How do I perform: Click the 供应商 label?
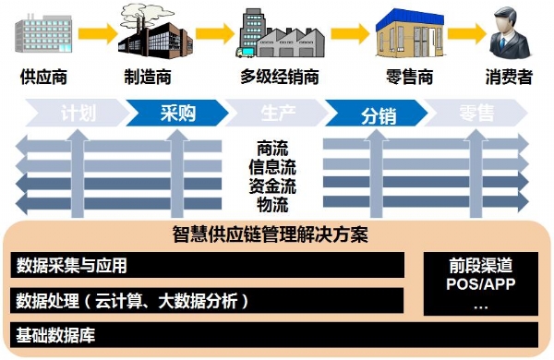point(42,78)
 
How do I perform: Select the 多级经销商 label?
point(280,78)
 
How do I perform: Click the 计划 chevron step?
point(78,114)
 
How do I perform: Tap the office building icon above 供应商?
point(42,32)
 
